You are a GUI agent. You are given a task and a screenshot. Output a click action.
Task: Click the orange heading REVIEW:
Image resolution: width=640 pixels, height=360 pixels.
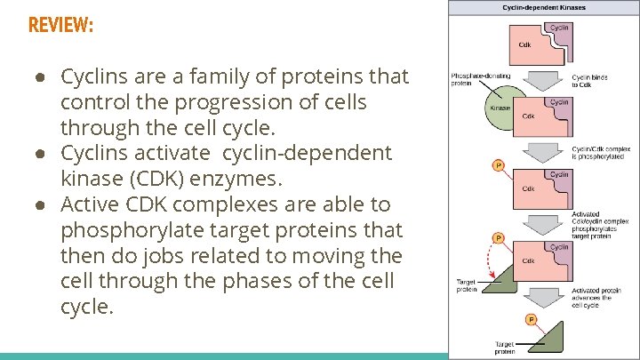pos(60,25)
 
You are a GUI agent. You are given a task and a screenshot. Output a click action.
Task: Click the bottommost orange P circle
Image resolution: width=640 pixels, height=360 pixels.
pos(531,319)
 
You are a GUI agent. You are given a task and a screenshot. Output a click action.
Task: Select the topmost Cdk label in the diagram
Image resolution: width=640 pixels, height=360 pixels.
pos(526,45)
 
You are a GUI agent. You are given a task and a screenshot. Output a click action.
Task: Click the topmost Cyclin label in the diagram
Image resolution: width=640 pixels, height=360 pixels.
pos(559,28)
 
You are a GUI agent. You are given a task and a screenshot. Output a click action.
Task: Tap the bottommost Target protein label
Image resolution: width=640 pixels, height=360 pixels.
pos(504,348)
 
